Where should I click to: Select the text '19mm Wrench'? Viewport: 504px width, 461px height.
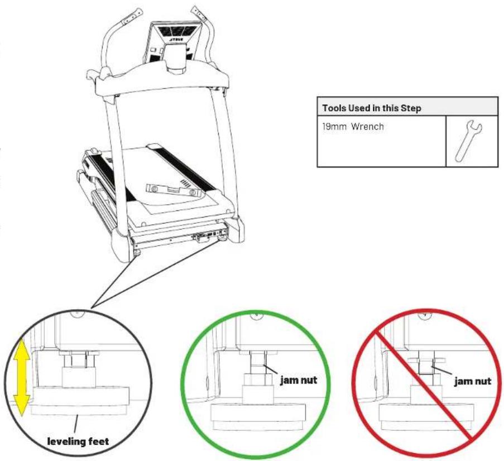point(353,127)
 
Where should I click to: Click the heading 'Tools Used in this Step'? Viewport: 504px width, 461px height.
point(372,108)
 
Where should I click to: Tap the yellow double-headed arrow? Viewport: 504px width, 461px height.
point(22,377)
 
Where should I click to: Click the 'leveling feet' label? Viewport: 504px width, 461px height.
point(78,441)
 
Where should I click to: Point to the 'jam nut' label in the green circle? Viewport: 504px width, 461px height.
point(299,380)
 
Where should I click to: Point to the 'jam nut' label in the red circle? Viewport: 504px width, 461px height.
point(473,382)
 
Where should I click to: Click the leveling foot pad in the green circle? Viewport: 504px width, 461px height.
point(258,417)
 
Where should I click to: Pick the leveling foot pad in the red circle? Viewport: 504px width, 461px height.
point(426,417)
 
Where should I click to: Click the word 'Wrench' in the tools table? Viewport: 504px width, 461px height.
point(367,127)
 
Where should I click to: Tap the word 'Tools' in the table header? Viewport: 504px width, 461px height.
point(334,108)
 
